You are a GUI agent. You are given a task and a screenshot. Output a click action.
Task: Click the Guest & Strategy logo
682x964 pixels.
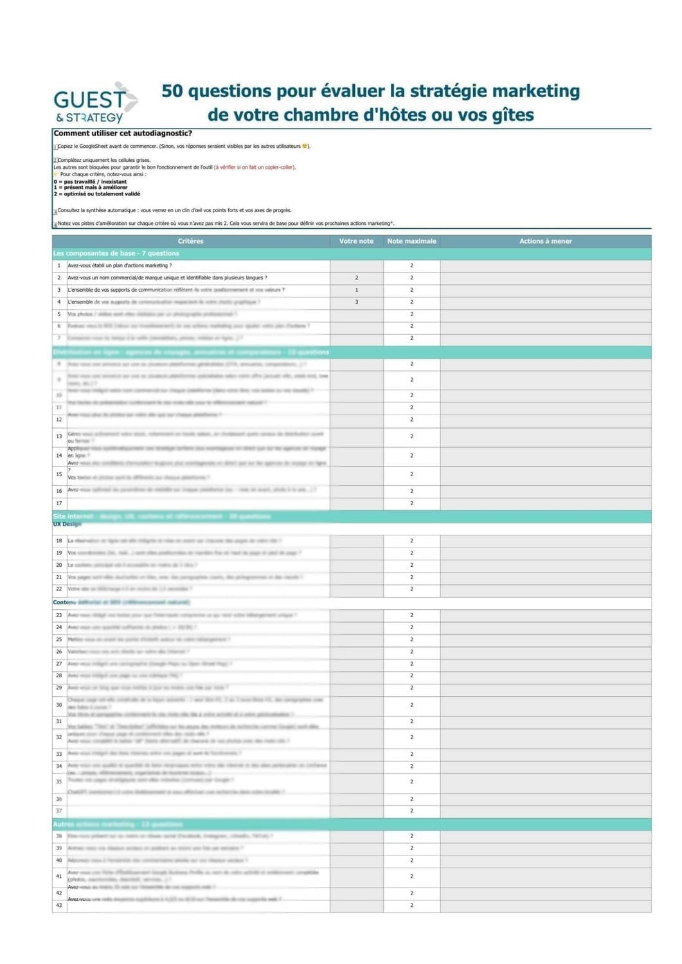(94, 103)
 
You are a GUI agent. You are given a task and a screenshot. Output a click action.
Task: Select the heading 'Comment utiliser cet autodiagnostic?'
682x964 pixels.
(123, 134)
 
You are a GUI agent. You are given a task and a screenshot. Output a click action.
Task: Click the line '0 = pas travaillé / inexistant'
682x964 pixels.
(91, 182)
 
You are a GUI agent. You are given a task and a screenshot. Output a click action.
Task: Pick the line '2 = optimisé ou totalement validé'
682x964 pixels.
(97, 193)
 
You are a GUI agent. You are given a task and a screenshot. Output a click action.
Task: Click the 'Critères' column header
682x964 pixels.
(190, 241)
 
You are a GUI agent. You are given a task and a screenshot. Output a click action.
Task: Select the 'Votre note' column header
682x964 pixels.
(356, 241)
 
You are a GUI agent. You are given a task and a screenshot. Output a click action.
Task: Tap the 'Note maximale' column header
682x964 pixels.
(411, 241)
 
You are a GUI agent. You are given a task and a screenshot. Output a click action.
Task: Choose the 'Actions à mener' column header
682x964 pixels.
(545, 241)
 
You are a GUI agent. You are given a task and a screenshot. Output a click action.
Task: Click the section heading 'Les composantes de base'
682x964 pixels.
(116, 253)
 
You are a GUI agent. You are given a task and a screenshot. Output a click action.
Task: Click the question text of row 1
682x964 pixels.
(120, 265)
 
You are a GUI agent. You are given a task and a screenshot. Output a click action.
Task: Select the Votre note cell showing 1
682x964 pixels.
(357, 290)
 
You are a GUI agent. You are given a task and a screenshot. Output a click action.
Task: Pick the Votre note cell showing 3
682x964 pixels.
(357, 302)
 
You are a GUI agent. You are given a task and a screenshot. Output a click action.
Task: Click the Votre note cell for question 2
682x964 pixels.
(357, 278)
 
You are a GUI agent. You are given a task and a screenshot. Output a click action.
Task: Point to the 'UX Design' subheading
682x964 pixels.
(67, 524)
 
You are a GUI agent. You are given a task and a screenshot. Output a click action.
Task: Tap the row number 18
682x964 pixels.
(59, 541)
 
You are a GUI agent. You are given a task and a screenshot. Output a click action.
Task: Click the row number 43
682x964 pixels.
(59, 905)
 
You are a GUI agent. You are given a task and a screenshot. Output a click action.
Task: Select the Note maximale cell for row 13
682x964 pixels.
(411, 436)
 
